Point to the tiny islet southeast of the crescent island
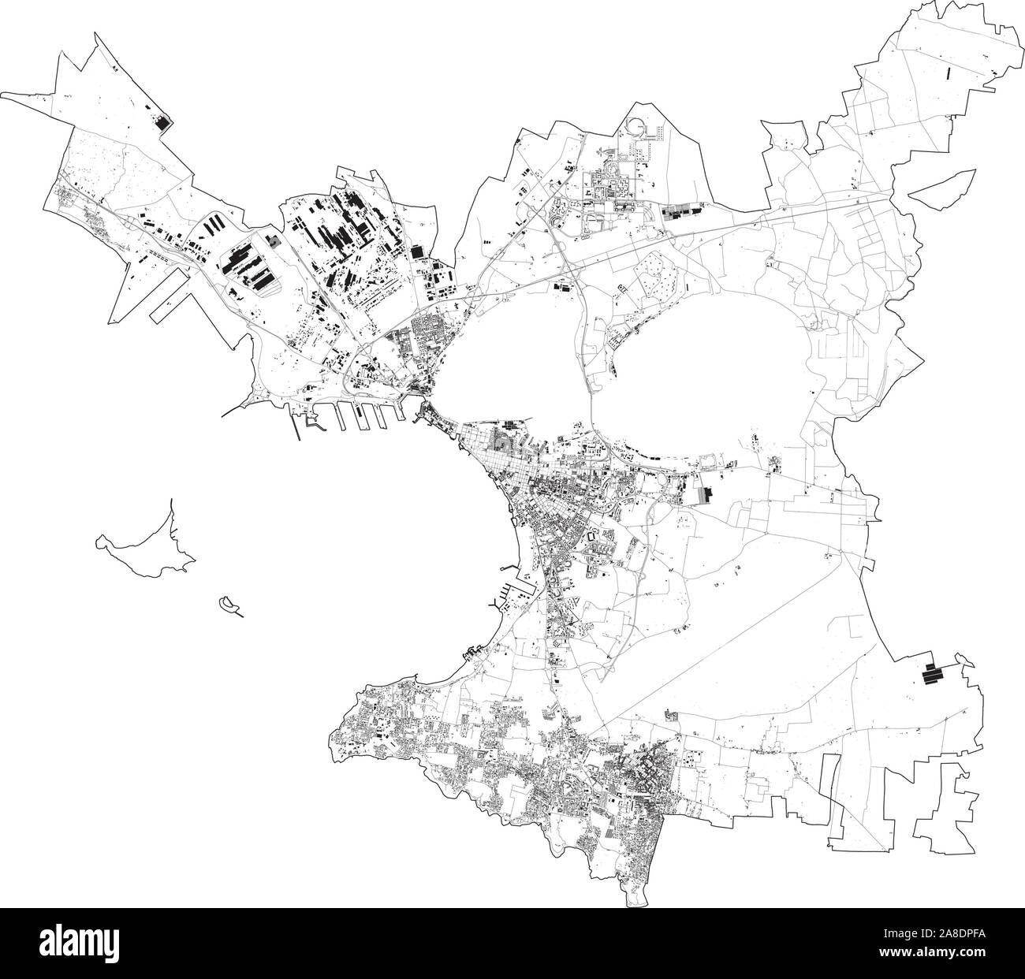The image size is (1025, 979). click(230, 604)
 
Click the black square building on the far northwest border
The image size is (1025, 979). click(164, 122)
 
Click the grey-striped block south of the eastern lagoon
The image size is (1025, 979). click(706, 495)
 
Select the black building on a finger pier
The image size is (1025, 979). click(356, 411)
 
